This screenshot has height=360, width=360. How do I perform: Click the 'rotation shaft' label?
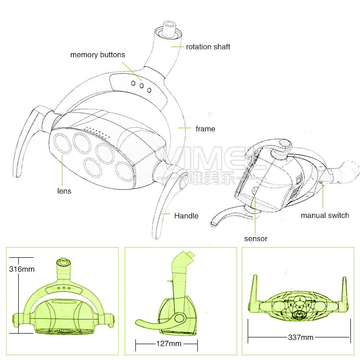208,47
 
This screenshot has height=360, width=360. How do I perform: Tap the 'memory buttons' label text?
97,55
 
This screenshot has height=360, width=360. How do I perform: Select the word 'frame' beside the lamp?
205,129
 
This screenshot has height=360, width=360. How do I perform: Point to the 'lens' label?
64,191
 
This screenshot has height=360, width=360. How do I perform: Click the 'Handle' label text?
186,216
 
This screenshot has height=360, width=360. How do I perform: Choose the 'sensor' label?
256,239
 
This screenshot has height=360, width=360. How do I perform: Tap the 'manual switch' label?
325,216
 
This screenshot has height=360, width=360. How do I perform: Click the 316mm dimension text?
22,269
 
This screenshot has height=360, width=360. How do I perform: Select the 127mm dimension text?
169,344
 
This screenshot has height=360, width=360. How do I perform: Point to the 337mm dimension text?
300,337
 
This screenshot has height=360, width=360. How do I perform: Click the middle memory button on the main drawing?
142,86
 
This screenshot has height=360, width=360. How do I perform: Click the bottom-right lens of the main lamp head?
124,171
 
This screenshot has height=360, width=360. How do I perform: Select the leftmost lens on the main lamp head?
62,144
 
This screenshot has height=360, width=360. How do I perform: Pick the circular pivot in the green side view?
180,318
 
